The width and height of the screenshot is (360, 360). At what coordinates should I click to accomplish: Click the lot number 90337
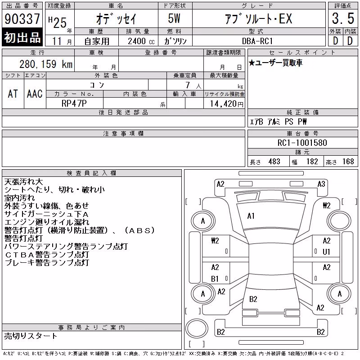(22, 18)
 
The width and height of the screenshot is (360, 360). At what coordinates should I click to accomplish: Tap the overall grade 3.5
(343, 18)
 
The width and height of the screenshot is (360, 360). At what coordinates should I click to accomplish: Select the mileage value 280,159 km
(46, 64)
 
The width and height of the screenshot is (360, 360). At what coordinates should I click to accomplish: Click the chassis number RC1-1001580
(302, 143)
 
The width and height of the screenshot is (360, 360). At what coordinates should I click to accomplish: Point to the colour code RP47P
(74, 103)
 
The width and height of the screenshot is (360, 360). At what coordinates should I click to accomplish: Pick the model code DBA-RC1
(257, 41)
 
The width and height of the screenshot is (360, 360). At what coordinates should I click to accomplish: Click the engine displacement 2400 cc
(141, 41)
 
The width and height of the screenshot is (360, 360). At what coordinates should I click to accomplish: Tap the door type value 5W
(174, 18)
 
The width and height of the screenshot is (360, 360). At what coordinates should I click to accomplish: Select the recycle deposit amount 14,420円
(227, 104)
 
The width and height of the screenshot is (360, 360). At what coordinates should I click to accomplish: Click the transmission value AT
(13, 94)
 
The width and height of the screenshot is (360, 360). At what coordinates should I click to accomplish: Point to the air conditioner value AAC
(35, 94)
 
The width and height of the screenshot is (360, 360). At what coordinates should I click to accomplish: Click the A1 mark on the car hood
(251, 216)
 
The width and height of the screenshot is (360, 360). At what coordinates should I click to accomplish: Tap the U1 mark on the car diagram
(326, 252)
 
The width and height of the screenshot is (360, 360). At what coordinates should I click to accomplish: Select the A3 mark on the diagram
(321, 184)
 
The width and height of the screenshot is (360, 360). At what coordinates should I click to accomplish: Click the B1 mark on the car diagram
(215, 279)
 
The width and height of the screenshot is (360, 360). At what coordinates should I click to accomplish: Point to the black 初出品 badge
(22, 37)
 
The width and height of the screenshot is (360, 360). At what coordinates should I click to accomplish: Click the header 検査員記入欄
(91, 173)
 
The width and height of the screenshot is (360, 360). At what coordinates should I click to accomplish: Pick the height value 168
(348, 162)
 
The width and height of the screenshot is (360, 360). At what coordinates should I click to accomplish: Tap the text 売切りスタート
(30, 336)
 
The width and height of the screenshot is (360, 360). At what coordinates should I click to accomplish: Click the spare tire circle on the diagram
(197, 328)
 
